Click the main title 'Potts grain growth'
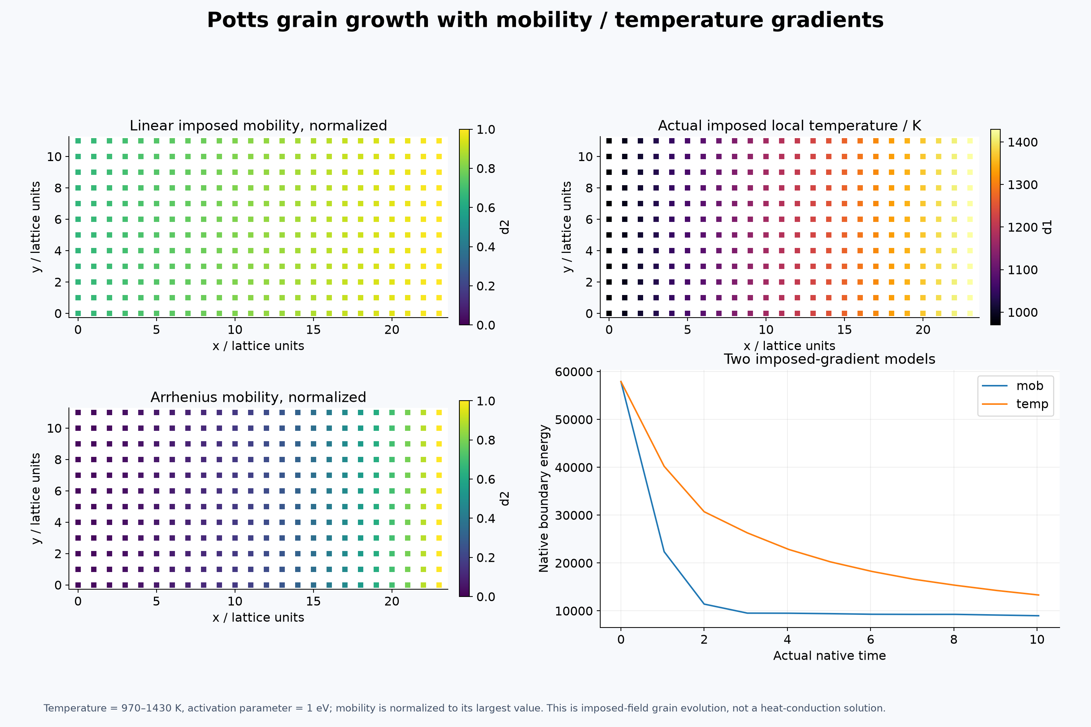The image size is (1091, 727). tap(343, 20)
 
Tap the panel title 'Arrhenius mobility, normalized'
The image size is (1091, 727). tap(258, 397)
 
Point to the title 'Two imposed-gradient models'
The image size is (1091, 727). tap(830, 359)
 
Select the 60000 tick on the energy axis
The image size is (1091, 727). tap(574, 372)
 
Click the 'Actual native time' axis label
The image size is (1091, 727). tap(830, 655)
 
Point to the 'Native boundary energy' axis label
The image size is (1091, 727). tap(544, 499)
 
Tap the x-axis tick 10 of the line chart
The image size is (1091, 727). tap(1037, 640)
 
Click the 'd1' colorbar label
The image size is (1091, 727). tap(1047, 227)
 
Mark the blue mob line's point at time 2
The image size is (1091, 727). tap(704, 604)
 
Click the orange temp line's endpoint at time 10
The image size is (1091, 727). tap(1038, 595)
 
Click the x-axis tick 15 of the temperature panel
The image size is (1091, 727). tap(844, 330)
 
